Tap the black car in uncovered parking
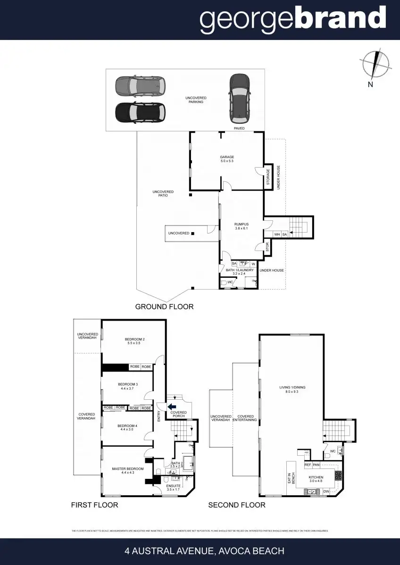pyautogui.click(x=140, y=112)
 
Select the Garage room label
pyautogui.click(x=227, y=157)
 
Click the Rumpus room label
pyautogui.click(x=241, y=225)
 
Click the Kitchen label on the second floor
pyautogui.click(x=316, y=477)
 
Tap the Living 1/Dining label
pyautogui.click(x=289, y=388)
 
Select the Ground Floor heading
pyautogui.click(x=164, y=307)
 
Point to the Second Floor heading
pyautogui.click(x=237, y=505)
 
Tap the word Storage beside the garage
pyautogui.click(x=268, y=176)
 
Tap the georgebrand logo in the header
pyautogui.click(x=293, y=19)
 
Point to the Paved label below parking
pyautogui.click(x=239, y=128)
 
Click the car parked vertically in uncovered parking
pyautogui.click(x=239, y=97)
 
